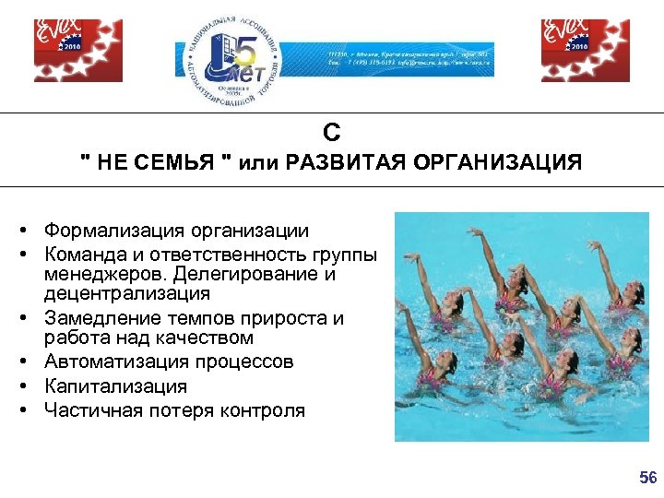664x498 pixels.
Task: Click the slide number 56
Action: tap(648, 478)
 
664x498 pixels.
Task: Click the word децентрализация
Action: tap(127, 294)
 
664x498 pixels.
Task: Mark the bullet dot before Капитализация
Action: tap(30, 386)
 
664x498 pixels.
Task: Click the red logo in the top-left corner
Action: tap(65, 51)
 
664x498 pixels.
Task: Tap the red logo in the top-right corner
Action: tap(572, 51)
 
